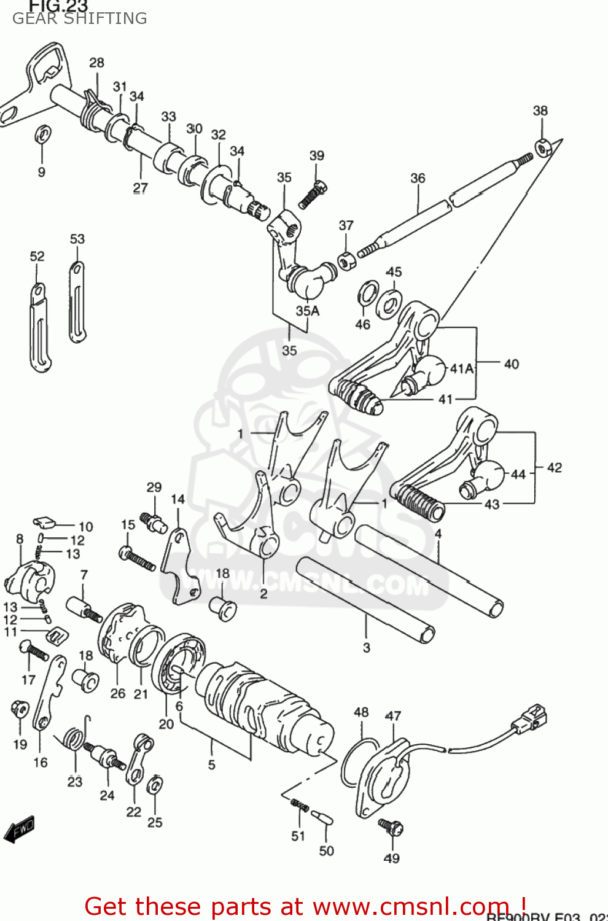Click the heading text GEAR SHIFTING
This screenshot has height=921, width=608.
[79, 18]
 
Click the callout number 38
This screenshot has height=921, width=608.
[540, 111]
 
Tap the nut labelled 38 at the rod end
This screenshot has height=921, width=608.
[541, 148]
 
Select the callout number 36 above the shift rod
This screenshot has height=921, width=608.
[418, 178]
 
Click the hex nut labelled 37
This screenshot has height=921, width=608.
[346, 261]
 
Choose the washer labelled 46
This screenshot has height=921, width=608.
[367, 292]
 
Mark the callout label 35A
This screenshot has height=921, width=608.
[308, 311]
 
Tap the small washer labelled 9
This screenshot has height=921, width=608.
[42, 133]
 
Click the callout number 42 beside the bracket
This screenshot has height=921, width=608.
[554, 468]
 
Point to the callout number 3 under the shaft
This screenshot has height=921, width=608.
[366, 647]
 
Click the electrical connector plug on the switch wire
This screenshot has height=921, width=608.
[529, 718]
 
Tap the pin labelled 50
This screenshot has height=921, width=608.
[322, 817]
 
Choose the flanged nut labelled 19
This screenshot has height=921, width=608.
[20, 710]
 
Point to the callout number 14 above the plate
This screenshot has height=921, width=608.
[177, 499]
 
